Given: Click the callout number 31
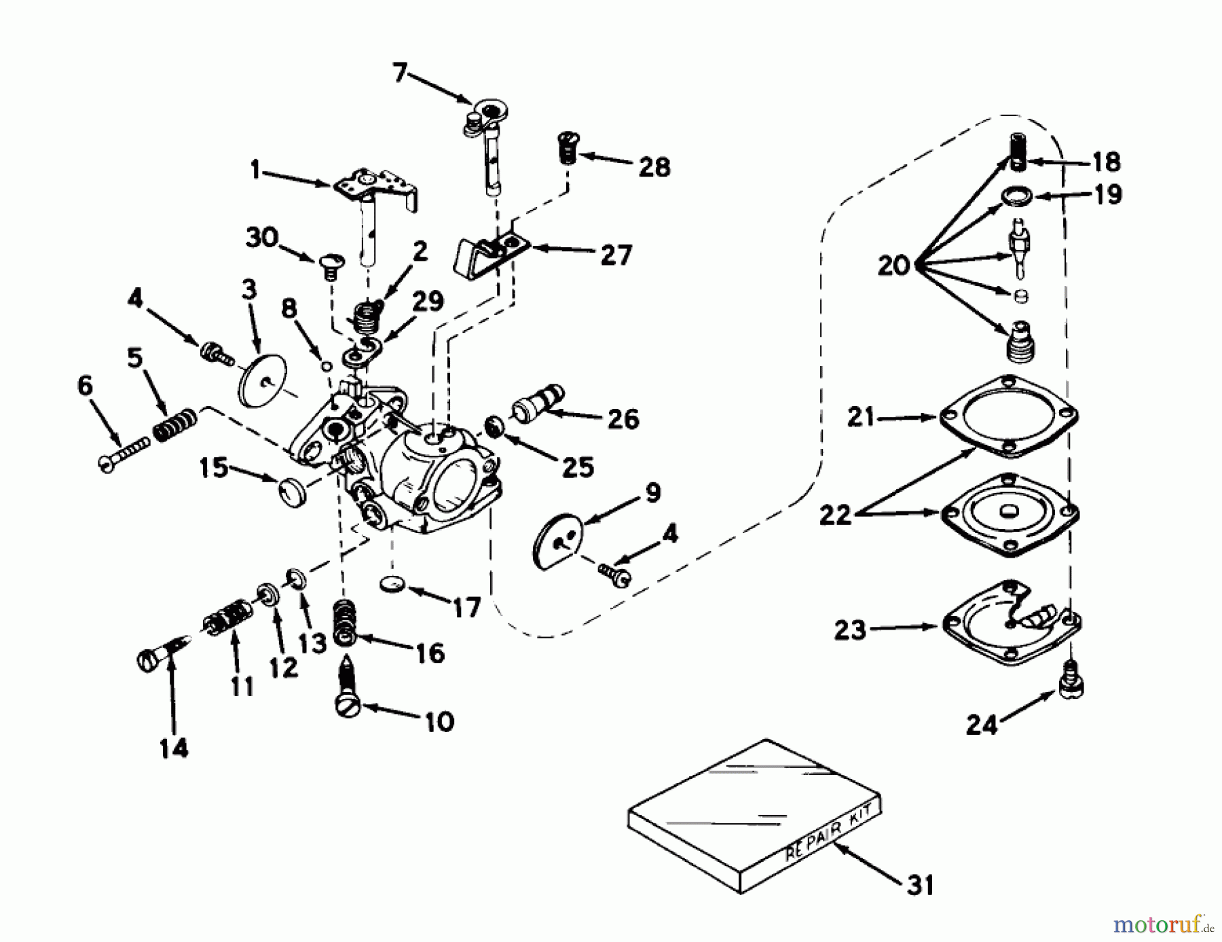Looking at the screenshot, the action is coord(919,885).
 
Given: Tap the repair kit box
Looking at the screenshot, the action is coord(754,815).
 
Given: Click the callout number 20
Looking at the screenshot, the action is coord(893,265).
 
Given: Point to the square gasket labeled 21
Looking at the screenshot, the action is coord(1010,416).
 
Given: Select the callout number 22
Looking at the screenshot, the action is coord(834,514).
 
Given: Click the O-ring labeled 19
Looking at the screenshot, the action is coord(1016,196).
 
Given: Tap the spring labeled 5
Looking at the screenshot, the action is coord(174,425).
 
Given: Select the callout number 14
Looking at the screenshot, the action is coord(174,748).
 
